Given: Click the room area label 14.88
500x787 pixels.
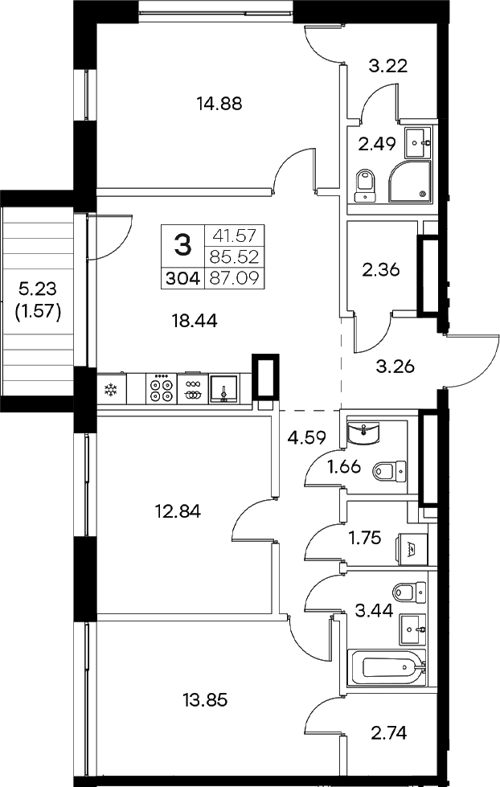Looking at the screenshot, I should click(219, 103).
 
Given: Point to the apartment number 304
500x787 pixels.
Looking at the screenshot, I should click(184, 279).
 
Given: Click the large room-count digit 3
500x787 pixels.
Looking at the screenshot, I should click(183, 243).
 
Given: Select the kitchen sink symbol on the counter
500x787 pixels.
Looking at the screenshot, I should click(223, 390).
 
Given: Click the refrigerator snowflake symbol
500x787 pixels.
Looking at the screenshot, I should click(110, 391).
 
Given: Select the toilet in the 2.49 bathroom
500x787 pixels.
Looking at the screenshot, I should click(365, 184).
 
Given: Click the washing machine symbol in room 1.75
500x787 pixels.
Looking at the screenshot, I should click(412, 551).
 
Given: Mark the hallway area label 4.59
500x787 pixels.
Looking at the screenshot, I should click(305, 438).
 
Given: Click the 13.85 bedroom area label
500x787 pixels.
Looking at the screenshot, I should click(206, 699).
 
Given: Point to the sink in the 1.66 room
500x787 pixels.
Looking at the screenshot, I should click(365, 433).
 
